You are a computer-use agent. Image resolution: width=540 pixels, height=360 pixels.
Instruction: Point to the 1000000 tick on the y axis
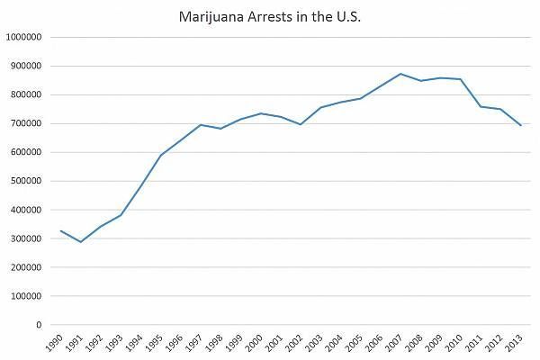coord(26,38)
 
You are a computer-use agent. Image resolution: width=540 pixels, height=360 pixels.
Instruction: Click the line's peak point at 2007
coord(400,74)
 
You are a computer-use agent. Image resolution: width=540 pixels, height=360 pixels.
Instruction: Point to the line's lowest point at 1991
coord(81,242)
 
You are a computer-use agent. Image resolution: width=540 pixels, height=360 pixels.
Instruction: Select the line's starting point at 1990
coord(61,230)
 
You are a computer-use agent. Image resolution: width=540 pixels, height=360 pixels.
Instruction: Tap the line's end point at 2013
coord(520,125)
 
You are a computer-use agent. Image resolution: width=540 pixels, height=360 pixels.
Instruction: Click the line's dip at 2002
coord(301,124)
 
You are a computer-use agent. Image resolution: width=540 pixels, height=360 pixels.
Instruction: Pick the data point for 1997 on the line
coord(201,125)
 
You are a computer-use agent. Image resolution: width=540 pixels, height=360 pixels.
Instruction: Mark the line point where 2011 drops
coord(481,106)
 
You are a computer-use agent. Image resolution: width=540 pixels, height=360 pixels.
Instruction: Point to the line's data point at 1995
coord(161,155)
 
